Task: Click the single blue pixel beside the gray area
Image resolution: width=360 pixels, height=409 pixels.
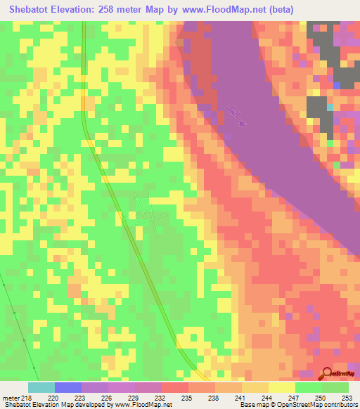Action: click(337, 86)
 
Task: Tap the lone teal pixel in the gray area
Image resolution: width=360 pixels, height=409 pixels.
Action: click(330, 108)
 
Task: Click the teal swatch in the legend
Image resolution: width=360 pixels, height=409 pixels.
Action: click(41, 387)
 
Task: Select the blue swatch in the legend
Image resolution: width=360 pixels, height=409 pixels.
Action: click(68, 387)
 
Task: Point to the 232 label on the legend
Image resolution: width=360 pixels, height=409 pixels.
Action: click(161, 397)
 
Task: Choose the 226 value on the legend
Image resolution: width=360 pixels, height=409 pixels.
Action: click(108, 397)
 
